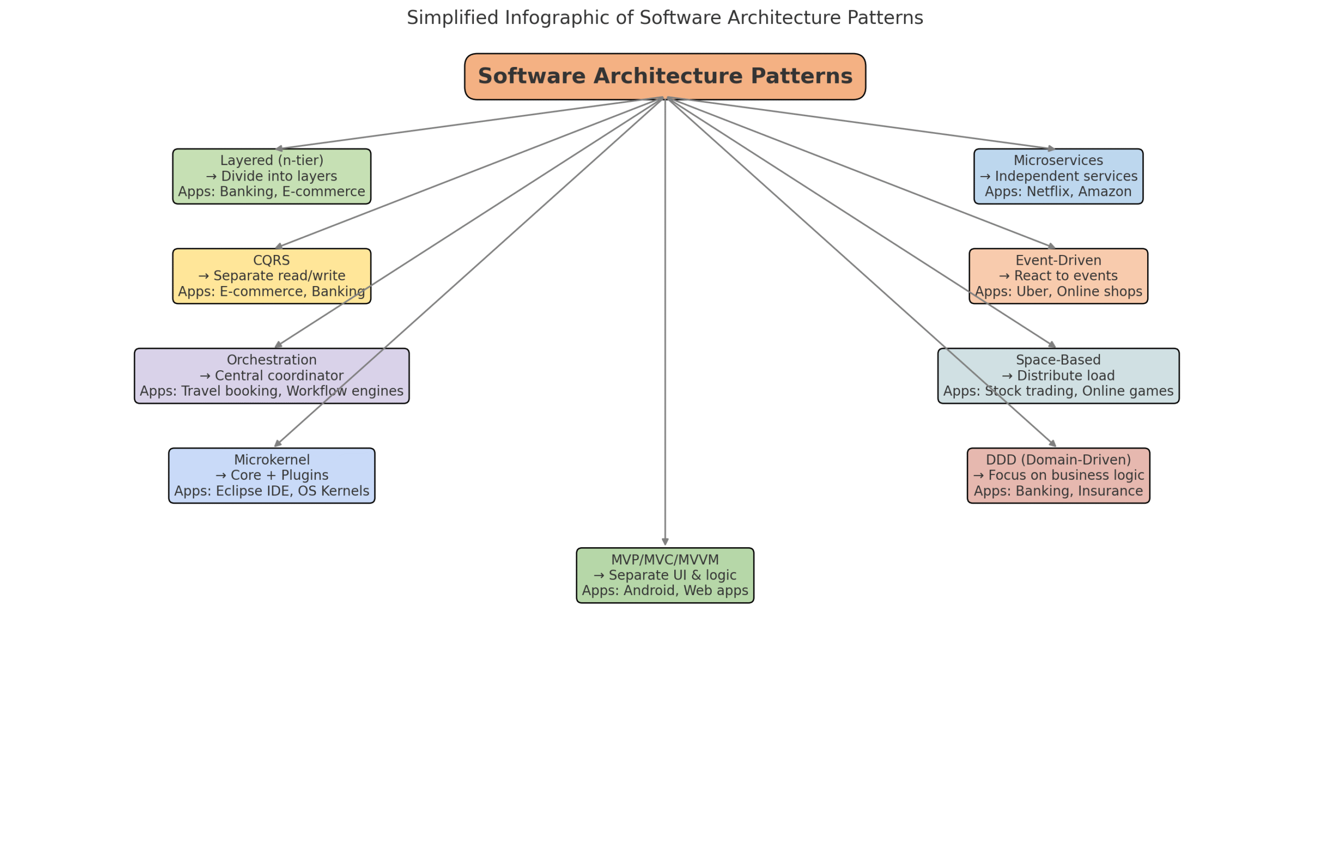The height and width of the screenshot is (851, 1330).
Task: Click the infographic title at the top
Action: click(x=664, y=18)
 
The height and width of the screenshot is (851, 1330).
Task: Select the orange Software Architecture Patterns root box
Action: click(x=664, y=76)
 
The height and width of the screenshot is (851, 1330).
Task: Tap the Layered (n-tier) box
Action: click(x=271, y=177)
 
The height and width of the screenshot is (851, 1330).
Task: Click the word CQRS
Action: click(x=271, y=260)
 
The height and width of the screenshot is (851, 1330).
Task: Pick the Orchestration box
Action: click(x=271, y=376)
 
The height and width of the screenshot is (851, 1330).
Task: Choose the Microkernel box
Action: click(x=271, y=475)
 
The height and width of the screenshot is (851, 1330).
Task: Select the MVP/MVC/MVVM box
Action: click(x=664, y=575)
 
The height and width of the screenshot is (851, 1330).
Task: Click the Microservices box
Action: click(x=1058, y=177)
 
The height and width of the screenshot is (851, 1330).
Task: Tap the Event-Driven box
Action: click(x=1058, y=276)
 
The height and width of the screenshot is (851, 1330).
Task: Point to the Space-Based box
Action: click(x=1058, y=376)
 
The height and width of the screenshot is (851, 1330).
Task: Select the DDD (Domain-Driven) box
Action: click(x=1058, y=475)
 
